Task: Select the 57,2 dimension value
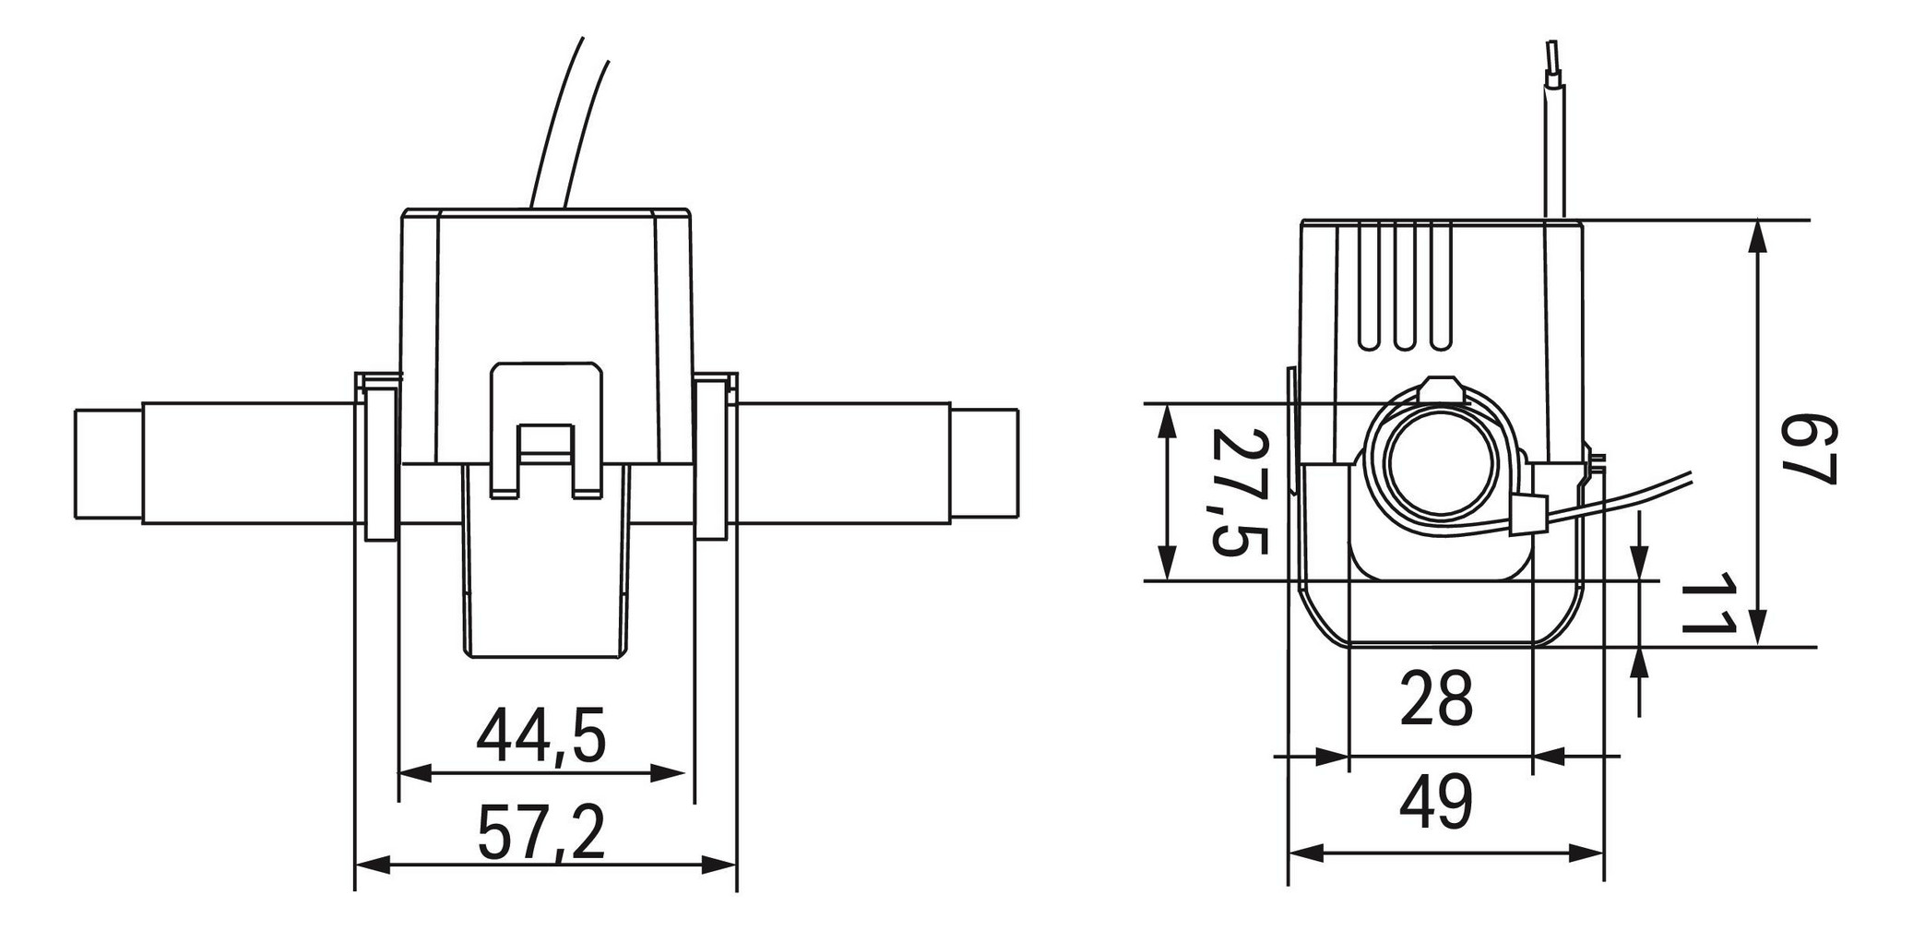541,832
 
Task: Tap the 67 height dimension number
1807,449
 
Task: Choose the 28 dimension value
1436,698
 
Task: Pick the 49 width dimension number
1436,803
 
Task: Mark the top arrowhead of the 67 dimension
1758,236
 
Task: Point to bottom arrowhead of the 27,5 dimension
1168,564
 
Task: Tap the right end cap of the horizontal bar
985,464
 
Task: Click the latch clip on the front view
546,429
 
